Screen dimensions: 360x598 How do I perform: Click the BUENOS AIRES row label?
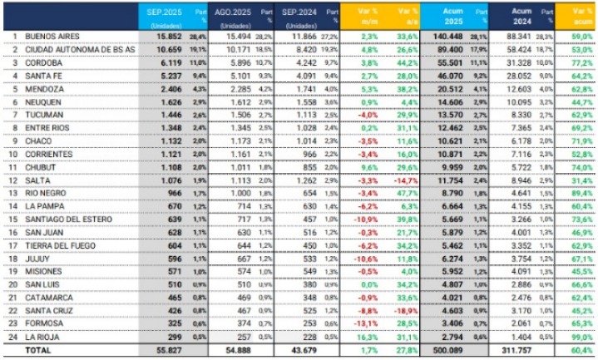coord(52,37)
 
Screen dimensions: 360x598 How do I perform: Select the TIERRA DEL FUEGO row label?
coord(62,246)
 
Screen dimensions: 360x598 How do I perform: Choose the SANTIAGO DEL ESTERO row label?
coord(69,219)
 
